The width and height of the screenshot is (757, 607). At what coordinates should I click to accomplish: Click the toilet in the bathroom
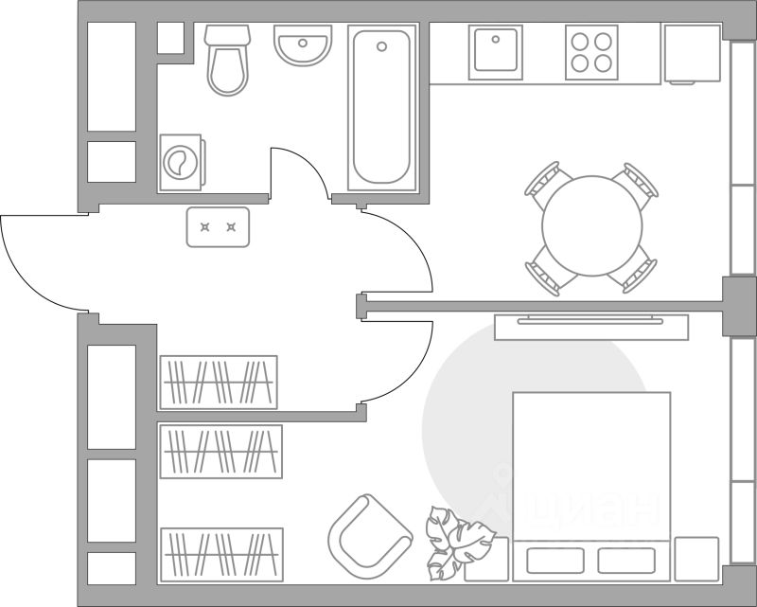227,62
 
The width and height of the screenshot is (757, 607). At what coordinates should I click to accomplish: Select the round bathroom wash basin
304,45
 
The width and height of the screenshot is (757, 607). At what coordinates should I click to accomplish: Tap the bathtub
382,106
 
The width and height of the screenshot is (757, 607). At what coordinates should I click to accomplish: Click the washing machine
180,162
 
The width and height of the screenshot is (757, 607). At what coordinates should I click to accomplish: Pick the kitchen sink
496,51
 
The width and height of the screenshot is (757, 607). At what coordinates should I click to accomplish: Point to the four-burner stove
591,52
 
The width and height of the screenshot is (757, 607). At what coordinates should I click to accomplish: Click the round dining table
592,226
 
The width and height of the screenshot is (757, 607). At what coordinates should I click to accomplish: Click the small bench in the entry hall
218,227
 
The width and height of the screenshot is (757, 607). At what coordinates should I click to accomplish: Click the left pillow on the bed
555,560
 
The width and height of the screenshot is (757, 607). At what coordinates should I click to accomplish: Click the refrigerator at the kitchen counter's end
692,54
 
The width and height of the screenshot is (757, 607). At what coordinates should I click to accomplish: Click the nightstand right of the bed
696,558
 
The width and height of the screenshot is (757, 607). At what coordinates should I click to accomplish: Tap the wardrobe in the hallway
219,382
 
